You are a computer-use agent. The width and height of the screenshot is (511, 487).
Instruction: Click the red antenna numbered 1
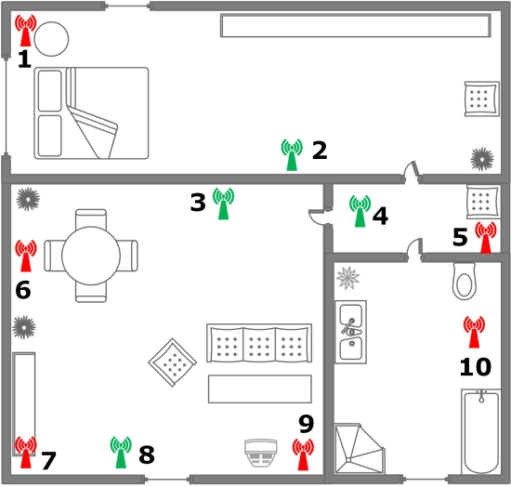pos(26,32)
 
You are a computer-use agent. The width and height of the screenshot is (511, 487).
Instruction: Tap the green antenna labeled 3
pos(223,203)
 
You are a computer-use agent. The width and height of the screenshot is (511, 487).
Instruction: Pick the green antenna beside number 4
pos(360,211)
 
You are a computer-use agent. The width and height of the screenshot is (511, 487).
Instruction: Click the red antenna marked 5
pos(485,237)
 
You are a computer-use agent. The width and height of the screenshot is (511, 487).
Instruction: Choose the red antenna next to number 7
pos(26,452)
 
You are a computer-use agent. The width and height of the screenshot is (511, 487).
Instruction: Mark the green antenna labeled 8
pos(120,452)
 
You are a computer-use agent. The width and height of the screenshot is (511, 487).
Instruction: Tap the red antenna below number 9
pos(303,453)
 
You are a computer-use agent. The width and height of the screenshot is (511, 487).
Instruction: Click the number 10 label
pos(475,367)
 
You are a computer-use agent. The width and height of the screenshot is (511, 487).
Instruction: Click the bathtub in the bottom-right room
pos(480,431)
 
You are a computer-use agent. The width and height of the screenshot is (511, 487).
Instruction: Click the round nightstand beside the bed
pos(51,37)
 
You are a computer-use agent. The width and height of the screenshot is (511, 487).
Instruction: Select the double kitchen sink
pos(350,331)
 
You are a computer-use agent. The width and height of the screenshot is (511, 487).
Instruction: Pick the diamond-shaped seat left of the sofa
pos(172,364)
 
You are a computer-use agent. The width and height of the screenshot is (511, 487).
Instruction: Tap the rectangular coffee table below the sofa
pos(259,388)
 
